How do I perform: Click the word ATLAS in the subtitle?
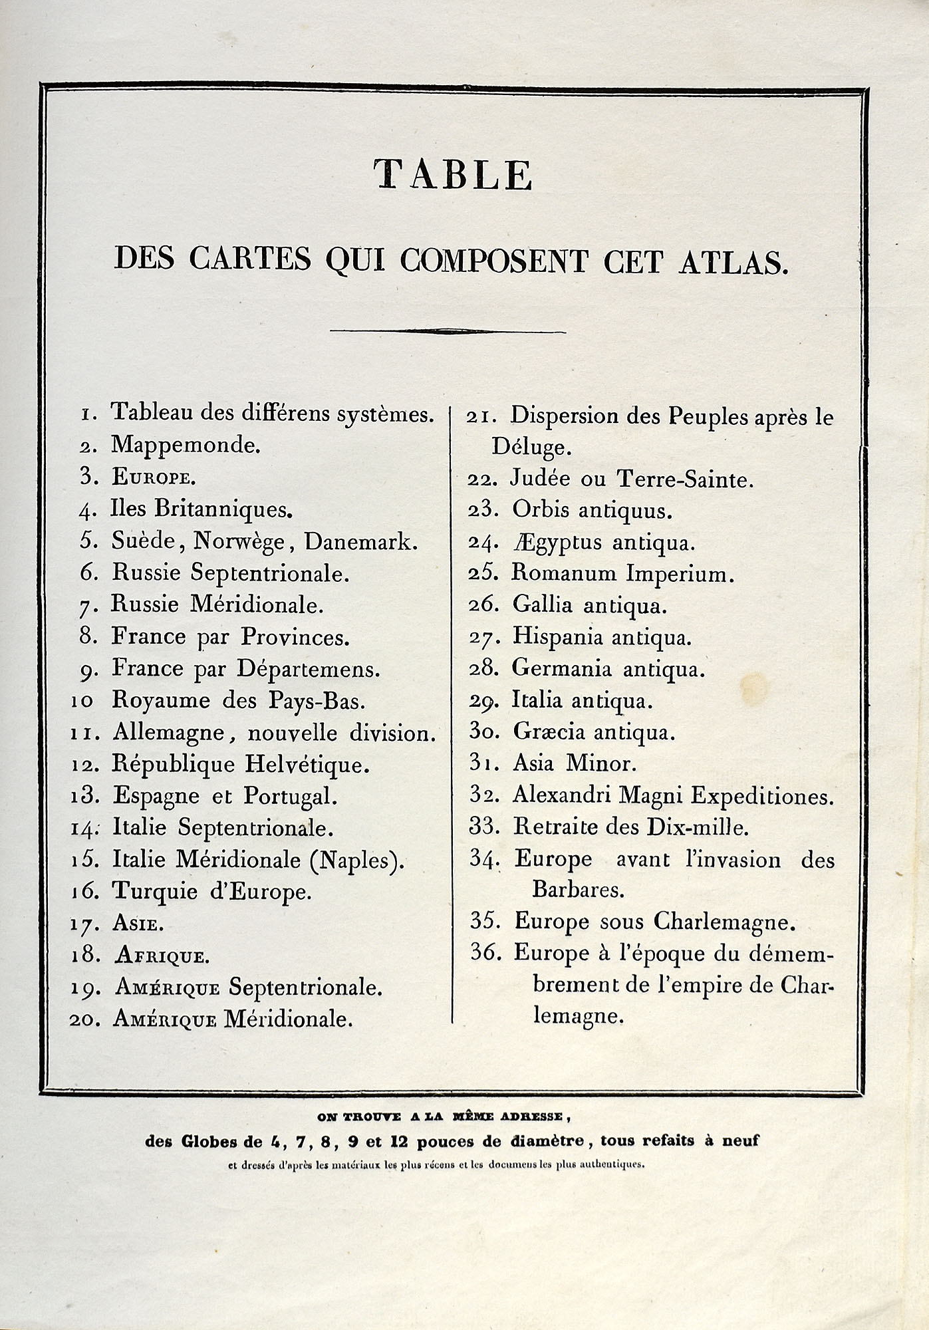click(x=733, y=261)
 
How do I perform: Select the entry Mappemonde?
click(x=186, y=445)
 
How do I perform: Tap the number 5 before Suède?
click(x=89, y=541)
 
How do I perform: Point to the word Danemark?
click(x=361, y=542)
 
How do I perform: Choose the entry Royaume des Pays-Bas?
click(x=239, y=700)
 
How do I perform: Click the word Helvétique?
click(x=307, y=764)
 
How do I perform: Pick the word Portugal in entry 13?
click(x=291, y=796)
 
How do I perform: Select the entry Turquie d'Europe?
click(x=211, y=892)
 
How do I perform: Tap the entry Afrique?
click(x=162, y=956)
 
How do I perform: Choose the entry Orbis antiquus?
click(x=593, y=511)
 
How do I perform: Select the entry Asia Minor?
click(x=575, y=763)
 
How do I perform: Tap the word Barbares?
click(x=578, y=890)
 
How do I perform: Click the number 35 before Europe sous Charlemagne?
click(x=485, y=921)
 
